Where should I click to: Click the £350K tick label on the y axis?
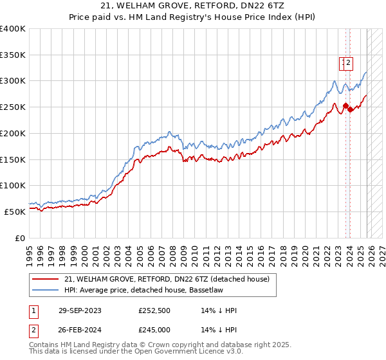pyautogui.click(x=13, y=55)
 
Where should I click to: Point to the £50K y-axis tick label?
pyautogui.click(x=15, y=212)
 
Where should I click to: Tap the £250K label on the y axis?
pyautogui.click(x=13, y=107)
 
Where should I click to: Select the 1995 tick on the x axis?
pyautogui.click(x=30, y=249)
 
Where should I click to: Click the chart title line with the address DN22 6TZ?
pyautogui.click(x=193, y=6)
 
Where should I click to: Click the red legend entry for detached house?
pyautogui.click(x=170, y=279)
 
